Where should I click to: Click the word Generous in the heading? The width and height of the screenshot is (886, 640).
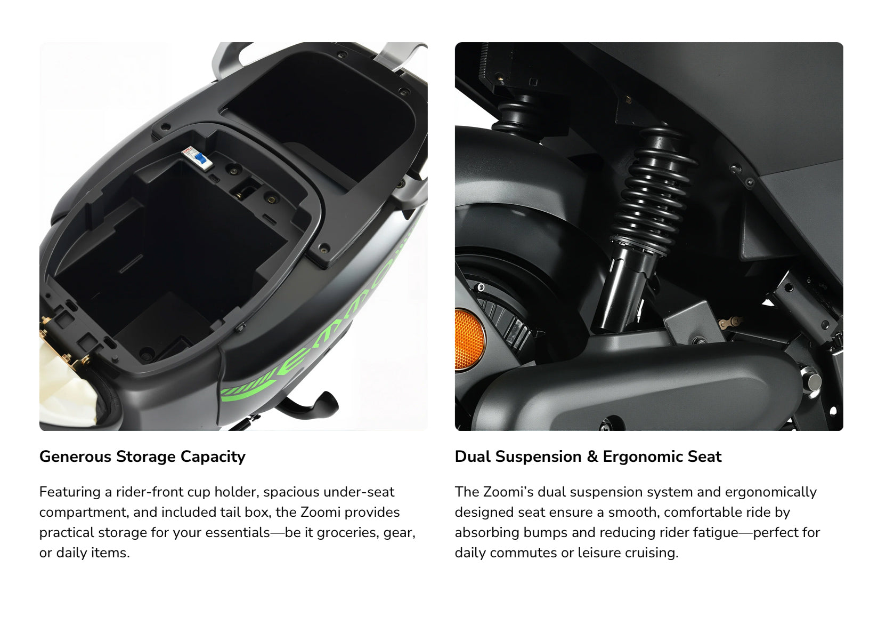75,457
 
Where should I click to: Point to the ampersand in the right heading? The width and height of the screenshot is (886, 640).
592,457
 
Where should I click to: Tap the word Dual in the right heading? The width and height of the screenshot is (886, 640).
473,457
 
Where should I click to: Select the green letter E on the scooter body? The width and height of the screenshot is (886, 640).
295,361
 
